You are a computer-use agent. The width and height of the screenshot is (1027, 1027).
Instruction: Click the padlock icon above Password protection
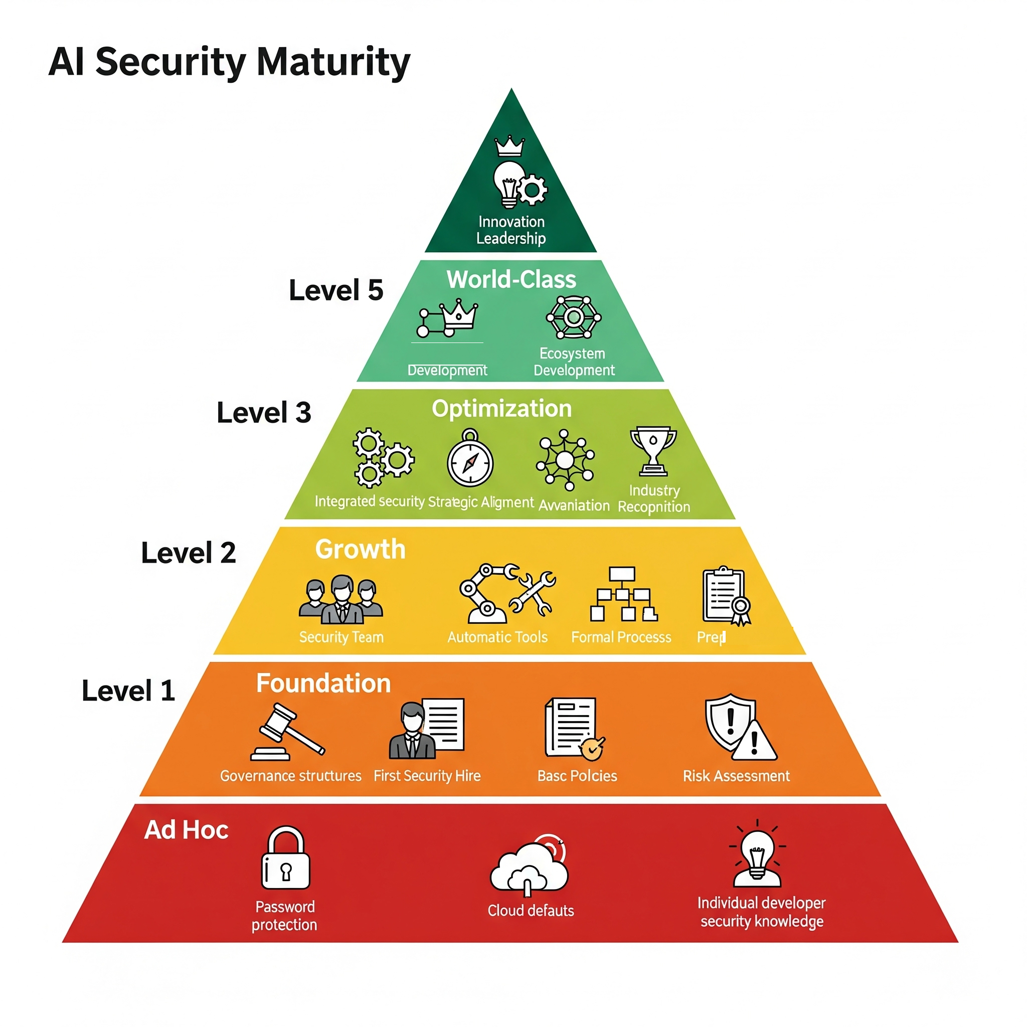[x=285, y=858]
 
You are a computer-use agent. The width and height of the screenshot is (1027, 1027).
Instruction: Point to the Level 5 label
[x=335, y=290]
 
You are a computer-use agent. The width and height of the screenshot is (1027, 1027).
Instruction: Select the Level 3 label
[x=264, y=413]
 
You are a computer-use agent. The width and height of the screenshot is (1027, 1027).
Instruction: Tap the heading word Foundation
[x=323, y=683]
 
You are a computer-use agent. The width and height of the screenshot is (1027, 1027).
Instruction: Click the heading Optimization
[x=501, y=408]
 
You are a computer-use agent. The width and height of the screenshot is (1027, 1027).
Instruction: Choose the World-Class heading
[x=511, y=280]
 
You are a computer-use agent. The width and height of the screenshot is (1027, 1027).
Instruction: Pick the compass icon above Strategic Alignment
[x=470, y=459]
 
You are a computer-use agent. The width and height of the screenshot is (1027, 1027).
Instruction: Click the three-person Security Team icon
[x=340, y=599]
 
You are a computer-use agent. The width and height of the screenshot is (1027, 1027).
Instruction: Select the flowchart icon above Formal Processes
[x=623, y=594]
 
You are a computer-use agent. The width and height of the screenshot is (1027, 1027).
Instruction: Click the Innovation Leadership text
[x=511, y=230]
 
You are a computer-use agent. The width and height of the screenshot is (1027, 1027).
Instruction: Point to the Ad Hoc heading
[x=186, y=830]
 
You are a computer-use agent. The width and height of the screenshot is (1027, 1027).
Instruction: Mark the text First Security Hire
[x=427, y=776]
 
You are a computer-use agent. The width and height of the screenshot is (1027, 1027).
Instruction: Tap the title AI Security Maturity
[x=229, y=62]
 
